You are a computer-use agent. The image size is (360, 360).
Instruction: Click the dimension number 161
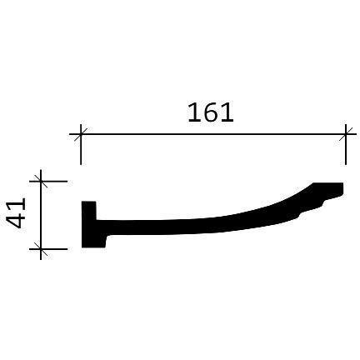211,112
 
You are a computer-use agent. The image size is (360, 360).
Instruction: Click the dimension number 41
16,212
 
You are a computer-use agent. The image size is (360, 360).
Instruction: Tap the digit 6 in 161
211,112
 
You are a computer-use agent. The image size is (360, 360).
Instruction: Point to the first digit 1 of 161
194,112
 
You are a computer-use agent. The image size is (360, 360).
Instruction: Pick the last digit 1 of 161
227,112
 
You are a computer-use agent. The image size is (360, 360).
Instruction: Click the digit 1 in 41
16,204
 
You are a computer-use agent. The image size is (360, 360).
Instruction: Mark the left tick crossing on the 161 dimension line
81,134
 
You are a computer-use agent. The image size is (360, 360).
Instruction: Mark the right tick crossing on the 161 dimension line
346,134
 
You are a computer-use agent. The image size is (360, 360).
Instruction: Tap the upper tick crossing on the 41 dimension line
41,181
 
